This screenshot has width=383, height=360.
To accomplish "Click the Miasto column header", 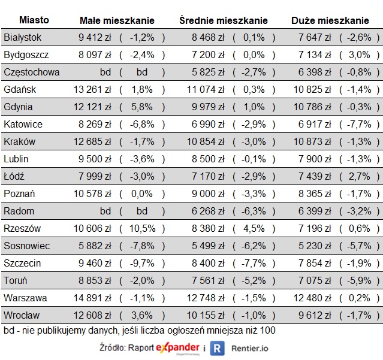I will tap(34, 20).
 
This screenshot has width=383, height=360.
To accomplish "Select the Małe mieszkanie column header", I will tap(117, 20).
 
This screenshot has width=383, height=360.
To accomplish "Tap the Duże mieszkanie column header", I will tap(330, 20).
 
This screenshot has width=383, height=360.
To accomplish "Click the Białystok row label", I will tap(23, 38).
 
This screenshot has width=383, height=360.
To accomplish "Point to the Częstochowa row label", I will tap(31, 72).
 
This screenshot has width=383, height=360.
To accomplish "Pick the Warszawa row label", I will tap(25, 298).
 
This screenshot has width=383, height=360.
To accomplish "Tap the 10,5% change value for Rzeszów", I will tap(142, 228).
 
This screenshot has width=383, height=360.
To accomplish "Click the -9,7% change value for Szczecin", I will tap(142, 263).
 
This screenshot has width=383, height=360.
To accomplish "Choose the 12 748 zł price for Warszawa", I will tap(205, 298).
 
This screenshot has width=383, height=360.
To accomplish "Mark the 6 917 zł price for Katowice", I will tap(314, 125).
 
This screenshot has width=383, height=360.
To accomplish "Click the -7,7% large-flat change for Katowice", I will tap(360, 125).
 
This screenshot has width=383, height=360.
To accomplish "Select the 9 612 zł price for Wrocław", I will tap(314, 315).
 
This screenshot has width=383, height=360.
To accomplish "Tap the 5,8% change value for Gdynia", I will tap(142, 107).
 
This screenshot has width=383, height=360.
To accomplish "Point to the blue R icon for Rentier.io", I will tap(219, 348).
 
